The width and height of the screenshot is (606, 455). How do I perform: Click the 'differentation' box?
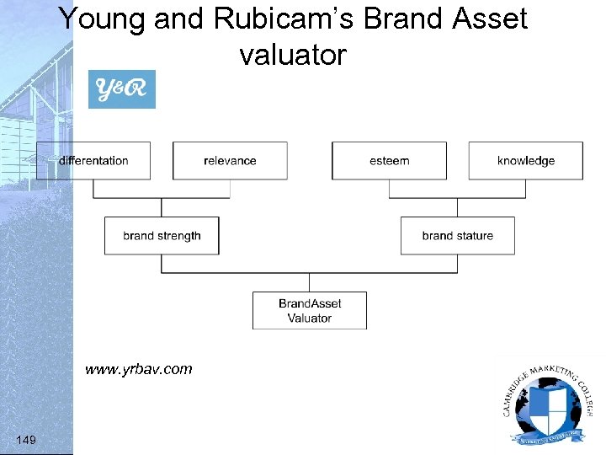coord(93,161)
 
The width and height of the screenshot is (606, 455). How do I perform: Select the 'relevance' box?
coord(230,161)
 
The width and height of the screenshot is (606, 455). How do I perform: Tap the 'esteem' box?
coord(389,161)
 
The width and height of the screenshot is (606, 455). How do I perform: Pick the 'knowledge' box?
coord(525,161)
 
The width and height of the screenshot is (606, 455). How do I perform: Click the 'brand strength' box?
coord(162,236)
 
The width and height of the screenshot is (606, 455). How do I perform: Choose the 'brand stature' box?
coord(457,236)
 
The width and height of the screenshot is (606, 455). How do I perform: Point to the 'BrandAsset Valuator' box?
coord(310,310)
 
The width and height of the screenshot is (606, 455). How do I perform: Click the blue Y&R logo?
coord(122,89)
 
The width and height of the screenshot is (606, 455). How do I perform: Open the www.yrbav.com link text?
coord(138,369)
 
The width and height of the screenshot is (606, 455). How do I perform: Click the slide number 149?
coord(25,439)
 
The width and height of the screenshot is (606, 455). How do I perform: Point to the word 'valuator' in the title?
coord(292,55)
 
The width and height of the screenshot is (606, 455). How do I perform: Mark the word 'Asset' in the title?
coord(488,19)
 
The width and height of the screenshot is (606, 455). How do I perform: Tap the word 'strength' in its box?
coord(178,236)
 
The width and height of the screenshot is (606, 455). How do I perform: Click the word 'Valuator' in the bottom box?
coord(310,318)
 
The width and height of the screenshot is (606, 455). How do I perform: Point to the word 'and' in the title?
coord(178,19)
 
